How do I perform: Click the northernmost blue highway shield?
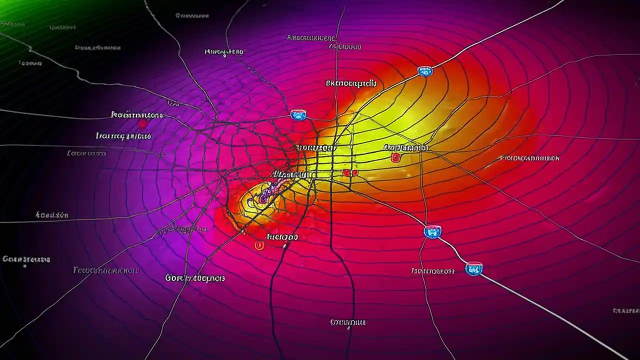point(425,71)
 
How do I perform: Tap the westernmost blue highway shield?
point(298,115)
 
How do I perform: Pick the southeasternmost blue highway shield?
point(473,269)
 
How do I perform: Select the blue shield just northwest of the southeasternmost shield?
point(432,231)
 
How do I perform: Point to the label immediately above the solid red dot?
point(136,115)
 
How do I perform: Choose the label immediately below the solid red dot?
point(123,135)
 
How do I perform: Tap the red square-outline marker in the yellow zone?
point(396,158)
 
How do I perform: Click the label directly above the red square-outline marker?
point(406,147)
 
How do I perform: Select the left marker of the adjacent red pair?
point(346,173)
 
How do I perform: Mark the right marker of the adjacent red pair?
point(355,173)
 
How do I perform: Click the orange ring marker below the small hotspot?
point(259,245)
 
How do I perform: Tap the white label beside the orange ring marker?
point(282,237)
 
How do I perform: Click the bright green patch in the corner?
point(20,10)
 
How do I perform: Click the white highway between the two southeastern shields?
point(452,250)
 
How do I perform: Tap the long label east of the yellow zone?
point(530,158)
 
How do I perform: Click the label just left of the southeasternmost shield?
point(432,271)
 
